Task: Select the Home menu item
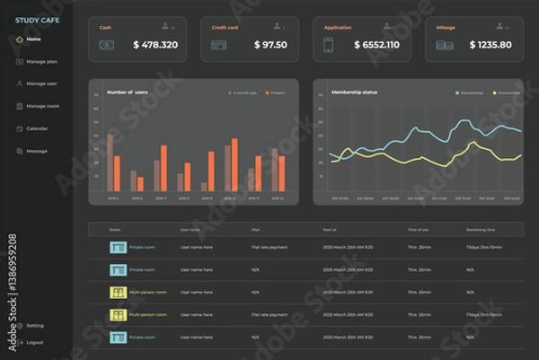click(33, 40)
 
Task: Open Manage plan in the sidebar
click(41, 62)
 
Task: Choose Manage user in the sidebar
click(41, 83)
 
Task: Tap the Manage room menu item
click(42, 106)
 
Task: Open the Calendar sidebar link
click(37, 128)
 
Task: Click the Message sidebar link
click(37, 151)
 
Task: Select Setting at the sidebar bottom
click(34, 325)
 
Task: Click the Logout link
click(34, 342)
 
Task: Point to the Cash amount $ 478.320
click(155, 45)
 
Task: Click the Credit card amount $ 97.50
click(270, 45)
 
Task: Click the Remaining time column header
click(482, 230)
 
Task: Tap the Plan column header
click(256, 230)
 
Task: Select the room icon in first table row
click(117, 246)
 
